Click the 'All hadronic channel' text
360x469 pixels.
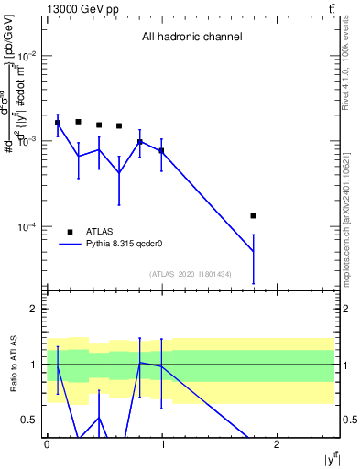pyautogui.click(x=191, y=38)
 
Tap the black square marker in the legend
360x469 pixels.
pyautogui.click(x=70, y=232)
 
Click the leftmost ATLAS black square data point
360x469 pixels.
pyautogui.click(x=58, y=123)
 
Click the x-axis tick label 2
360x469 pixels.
pyautogui.click(x=277, y=444)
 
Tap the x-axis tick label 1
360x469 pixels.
pyautogui.click(x=161, y=444)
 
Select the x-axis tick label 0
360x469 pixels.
pyautogui.click(x=47, y=444)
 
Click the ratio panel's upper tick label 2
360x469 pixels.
pyautogui.click(x=33, y=310)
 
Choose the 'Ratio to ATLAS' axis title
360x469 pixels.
pyautogui.click(x=14, y=364)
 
